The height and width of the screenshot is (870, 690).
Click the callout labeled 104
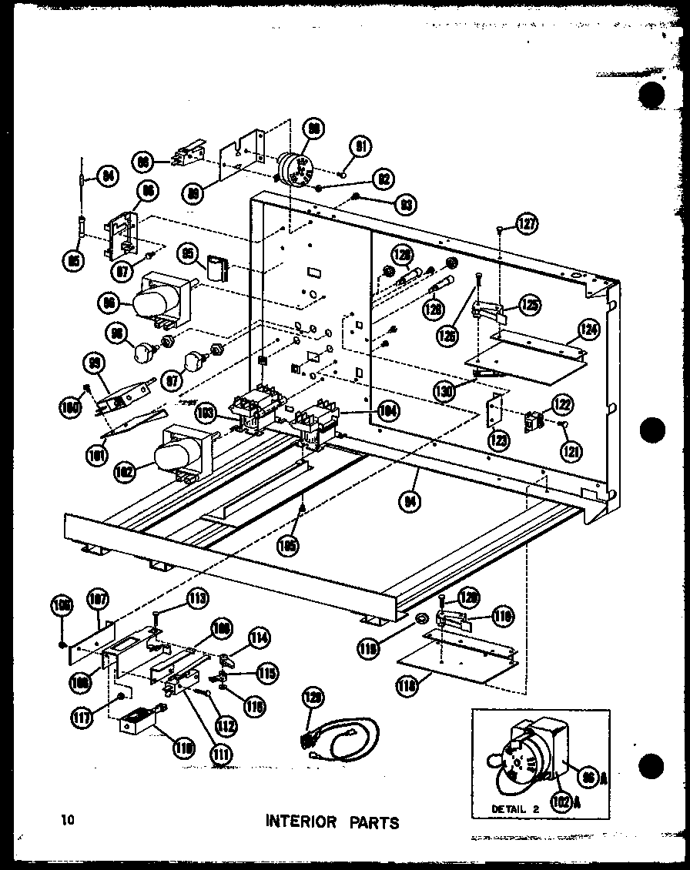pos(389,412)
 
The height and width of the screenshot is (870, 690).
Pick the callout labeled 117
pos(82,718)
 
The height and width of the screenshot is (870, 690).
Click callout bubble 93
pos(405,205)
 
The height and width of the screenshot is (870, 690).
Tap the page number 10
pos(69,819)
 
